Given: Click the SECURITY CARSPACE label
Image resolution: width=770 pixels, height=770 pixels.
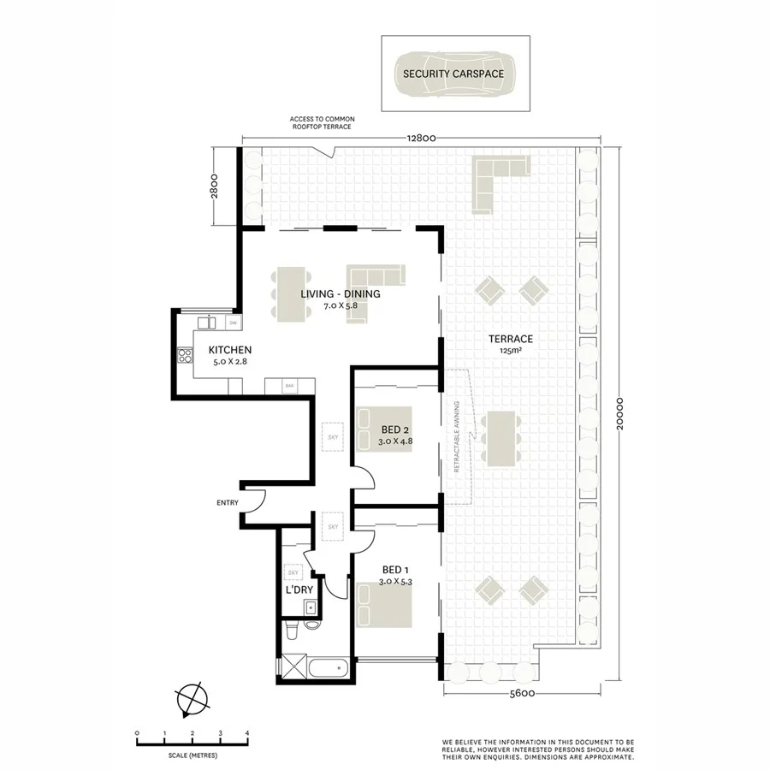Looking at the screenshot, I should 453,74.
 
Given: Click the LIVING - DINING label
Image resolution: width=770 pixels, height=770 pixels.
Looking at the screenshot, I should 340,294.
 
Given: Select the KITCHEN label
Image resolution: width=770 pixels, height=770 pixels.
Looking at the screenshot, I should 228,350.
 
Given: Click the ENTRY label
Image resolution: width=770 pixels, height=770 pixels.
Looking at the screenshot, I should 228,503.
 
